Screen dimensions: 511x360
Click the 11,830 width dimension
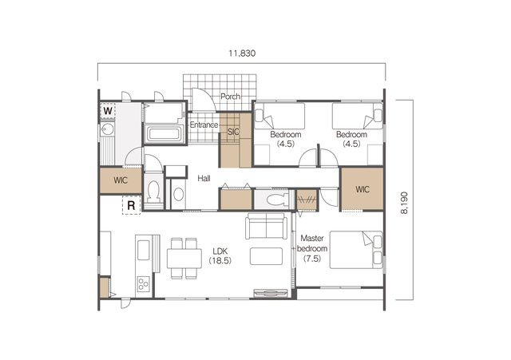click(242, 53)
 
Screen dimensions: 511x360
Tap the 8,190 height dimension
click(404, 203)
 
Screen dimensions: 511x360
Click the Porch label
click(231, 97)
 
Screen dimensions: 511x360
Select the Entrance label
click(204, 125)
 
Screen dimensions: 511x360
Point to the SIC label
click(233, 132)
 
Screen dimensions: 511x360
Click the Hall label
click(204, 178)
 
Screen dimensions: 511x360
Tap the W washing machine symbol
click(108, 111)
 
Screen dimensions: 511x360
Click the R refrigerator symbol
click(131, 206)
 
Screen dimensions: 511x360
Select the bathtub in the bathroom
click(163, 133)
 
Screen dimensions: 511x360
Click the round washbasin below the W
click(107, 130)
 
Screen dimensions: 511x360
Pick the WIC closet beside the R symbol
click(121, 180)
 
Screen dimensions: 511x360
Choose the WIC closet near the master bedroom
click(362, 189)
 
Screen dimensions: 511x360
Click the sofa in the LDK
click(267, 226)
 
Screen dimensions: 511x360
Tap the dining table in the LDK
click(184, 259)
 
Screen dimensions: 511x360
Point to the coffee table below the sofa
click(266, 256)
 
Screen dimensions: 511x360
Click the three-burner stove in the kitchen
click(144, 284)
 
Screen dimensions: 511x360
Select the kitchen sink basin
click(144, 250)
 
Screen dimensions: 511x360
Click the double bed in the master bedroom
click(356, 250)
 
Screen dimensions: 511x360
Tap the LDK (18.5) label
click(220, 256)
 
